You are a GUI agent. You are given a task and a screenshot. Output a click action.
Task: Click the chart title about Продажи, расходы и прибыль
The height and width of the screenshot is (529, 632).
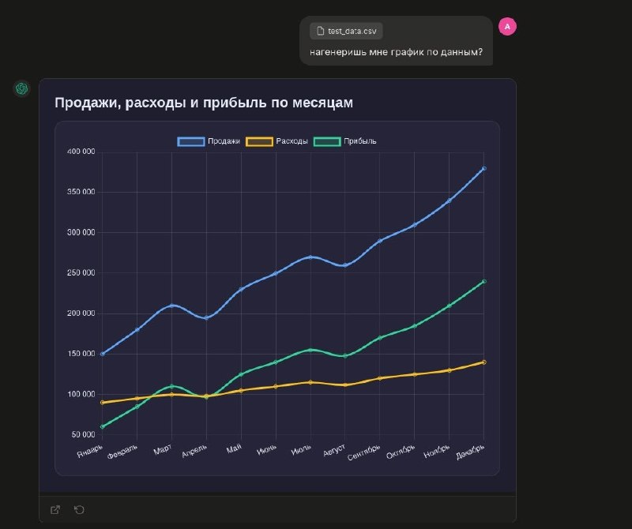point(203,103)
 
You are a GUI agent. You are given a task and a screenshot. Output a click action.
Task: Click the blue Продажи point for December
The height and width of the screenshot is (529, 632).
point(483,168)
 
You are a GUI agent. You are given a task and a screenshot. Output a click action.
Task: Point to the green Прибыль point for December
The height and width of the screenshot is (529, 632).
point(483,281)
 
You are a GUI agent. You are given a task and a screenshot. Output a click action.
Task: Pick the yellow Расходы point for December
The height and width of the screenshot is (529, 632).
point(483,362)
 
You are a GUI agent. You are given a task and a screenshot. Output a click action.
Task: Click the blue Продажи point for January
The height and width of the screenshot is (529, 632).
point(103,354)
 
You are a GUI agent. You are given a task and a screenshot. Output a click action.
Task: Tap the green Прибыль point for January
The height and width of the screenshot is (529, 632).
point(103,426)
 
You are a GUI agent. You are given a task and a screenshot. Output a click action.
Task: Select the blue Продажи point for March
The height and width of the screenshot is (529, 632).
point(172,306)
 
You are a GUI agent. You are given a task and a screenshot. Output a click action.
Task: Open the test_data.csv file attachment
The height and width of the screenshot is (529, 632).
point(347,31)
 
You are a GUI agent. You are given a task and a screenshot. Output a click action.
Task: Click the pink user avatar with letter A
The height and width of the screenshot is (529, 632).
point(507,27)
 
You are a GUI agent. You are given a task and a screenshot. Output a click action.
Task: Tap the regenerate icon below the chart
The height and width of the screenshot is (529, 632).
point(79,510)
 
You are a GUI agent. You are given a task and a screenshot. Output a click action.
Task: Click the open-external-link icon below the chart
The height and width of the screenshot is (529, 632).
point(55,510)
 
